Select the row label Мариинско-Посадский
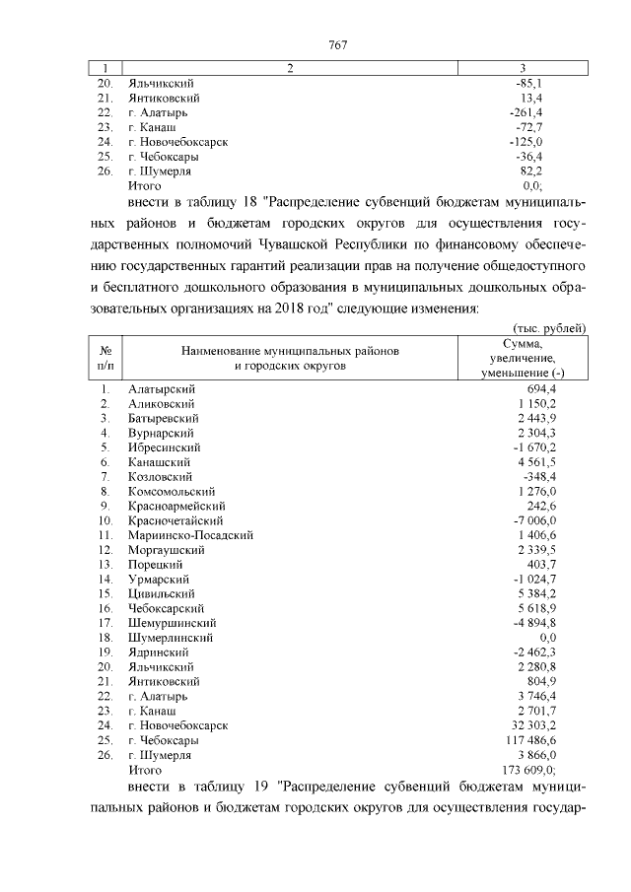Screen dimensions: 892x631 191,535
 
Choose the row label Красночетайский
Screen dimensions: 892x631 175,520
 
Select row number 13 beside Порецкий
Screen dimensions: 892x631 105,565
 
